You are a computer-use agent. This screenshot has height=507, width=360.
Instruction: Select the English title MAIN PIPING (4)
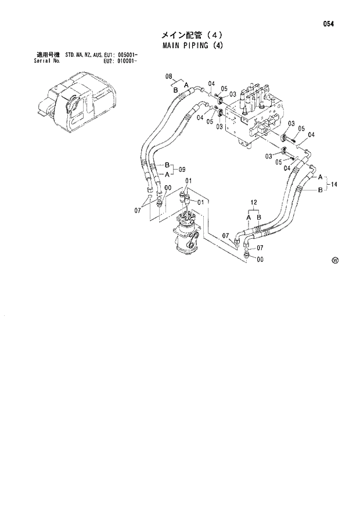pos(193,45)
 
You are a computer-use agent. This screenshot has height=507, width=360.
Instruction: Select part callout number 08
pos(170,76)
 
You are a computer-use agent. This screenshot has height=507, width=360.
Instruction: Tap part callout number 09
pos(182,170)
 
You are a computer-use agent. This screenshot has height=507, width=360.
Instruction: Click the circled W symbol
pos(335,261)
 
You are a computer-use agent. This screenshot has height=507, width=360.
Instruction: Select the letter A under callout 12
pos(249,217)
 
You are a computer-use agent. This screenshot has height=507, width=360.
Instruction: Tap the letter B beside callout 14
pos(319,189)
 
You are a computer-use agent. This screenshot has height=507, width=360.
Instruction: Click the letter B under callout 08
pos(175,90)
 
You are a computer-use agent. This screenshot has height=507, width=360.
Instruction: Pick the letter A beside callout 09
pos(167,174)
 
